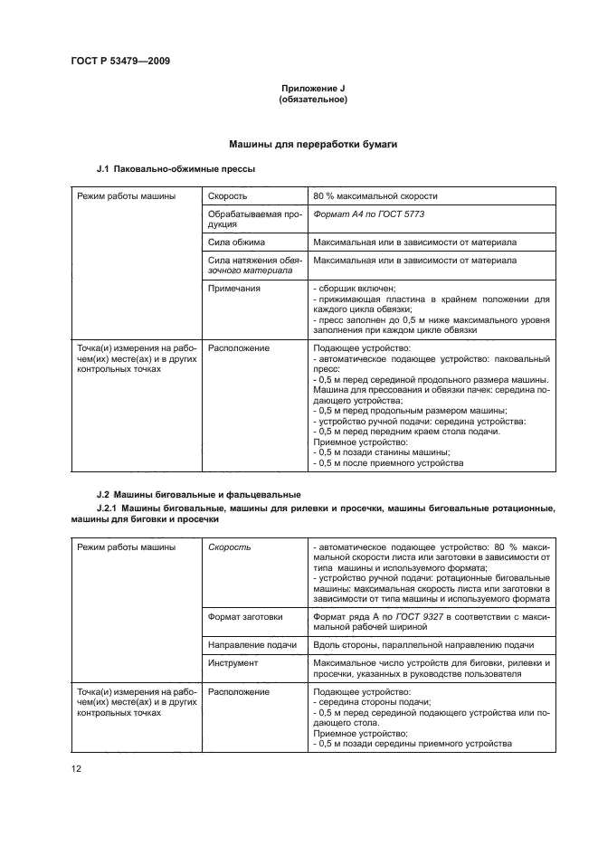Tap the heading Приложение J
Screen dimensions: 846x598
point(313,88)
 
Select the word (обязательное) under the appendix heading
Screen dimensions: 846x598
point(313,99)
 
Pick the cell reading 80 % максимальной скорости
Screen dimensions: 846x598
point(375,195)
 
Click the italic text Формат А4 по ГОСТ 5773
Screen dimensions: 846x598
point(368,215)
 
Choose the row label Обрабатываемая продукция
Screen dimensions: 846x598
point(252,220)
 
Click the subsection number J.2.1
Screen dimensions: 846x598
point(109,510)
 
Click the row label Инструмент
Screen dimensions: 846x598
point(233,662)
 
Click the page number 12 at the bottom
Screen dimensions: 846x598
point(77,769)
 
